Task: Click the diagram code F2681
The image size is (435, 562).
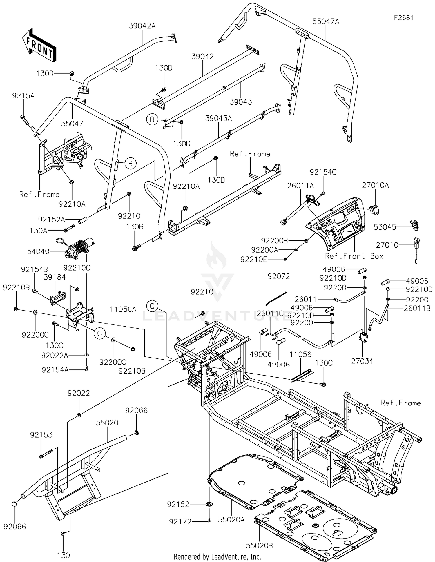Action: click(x=403, y=18)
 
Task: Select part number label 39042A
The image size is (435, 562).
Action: click(x=142, y=26)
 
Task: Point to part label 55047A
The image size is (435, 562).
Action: click(x=326, y=21)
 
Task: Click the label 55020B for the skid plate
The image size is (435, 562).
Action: click(x=259, y=546)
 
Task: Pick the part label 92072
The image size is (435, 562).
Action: click(x=279, y=276)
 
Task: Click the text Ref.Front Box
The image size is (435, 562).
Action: click(x=354, y=256)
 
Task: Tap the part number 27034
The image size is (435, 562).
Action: click(x=362, y=361)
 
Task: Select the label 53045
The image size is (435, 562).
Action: click(x=385, y=227)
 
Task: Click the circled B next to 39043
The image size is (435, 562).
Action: click(x=152, y=119)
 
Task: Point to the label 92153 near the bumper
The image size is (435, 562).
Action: click(x=41, y=435)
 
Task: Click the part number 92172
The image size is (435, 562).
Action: click(x=180, y=522)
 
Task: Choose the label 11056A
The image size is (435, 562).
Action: click(x=123, y=309)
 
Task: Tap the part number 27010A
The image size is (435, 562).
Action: click(x=375, y=185)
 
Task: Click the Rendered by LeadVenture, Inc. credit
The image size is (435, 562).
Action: click(x=217, y=557)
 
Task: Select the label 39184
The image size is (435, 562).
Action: click(x=55, y=277)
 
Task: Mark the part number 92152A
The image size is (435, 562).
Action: click(x=51, y=220)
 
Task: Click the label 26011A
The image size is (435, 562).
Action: click(x=300, y=186)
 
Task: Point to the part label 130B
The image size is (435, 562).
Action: click(x=135, y=226)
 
